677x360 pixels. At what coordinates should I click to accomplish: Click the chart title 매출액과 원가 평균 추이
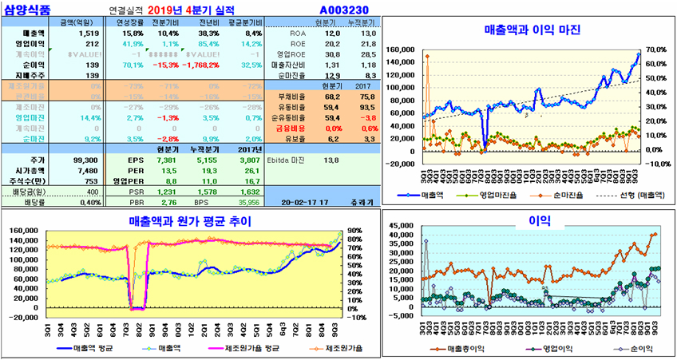coord(190,221)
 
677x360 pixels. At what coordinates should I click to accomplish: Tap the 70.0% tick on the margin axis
coord(657,49)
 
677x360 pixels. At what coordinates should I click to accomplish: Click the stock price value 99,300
coord(85,160)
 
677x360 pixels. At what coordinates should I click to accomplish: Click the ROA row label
coord(299,34)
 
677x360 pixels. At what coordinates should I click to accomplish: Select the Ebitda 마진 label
coord(291,160)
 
